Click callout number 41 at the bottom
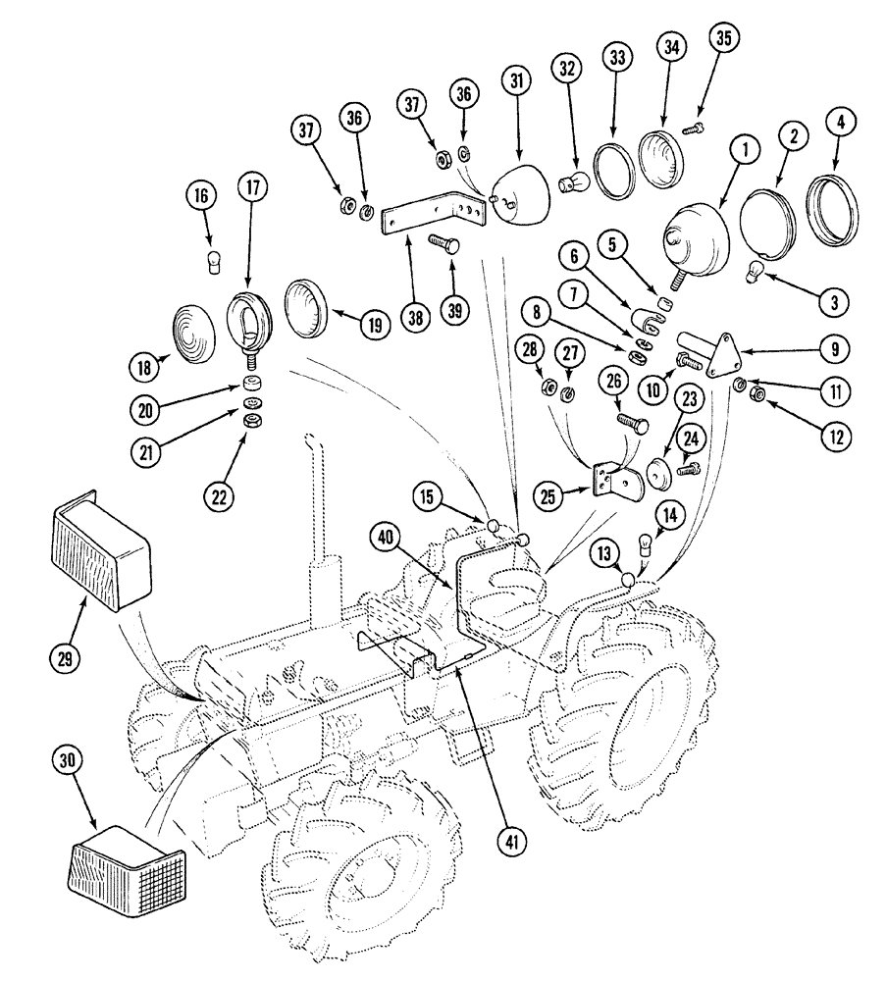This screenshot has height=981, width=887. [x=512, y=840]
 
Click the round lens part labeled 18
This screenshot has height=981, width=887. [x=196, y=326]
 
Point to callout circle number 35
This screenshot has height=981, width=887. [x=724, y=39]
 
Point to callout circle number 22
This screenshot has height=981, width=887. [x=220, y=496]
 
